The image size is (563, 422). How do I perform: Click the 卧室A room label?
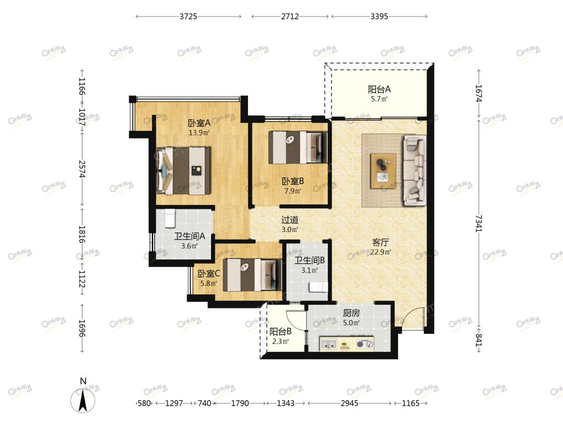[x=199, y=123]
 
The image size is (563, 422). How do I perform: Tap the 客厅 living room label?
[x=380, y=242]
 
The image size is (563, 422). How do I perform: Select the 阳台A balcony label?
[x=379, y=90]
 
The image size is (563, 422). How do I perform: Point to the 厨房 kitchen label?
[x=351, y=313]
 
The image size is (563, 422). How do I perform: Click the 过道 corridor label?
[x=290, y=220]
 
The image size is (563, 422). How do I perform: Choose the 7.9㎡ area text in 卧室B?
[x=292, y=191]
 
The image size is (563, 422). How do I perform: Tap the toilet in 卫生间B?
[x=318, y=287]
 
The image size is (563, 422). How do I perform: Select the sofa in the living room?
[x=415, y=170]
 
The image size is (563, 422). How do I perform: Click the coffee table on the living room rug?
[x=383, y=171]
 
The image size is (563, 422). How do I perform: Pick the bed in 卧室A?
[x=183, y=170]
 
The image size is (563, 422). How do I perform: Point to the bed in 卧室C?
[x=252, y=275]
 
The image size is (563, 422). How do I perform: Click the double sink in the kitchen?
[x=329, y=345]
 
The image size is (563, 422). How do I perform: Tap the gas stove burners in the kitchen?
[x=365, y=345]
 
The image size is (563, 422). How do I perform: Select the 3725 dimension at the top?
[x=189, y=16]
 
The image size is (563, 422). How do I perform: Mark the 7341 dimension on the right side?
[x=479, y=224]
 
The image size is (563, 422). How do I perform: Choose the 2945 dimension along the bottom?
[x=349, y=403]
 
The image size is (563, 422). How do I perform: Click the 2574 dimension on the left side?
[x=82, y=169]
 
